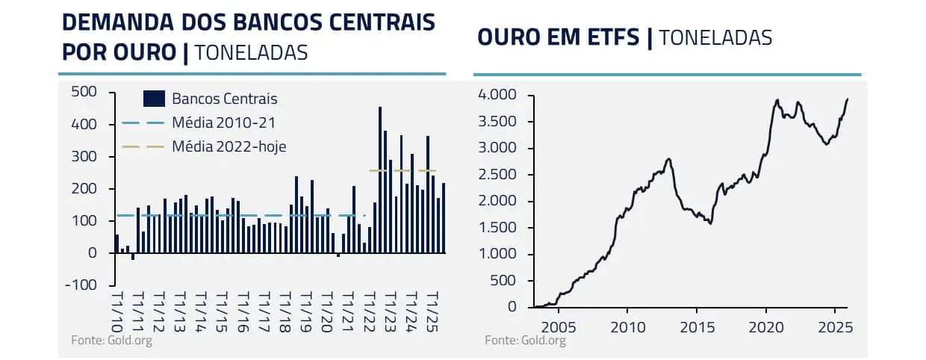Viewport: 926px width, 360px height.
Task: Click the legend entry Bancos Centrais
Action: click(x=224, y=99)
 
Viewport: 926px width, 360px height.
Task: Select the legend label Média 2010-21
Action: click(x=218, y=122)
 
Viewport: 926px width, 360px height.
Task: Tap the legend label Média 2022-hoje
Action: click(x=229, y=146)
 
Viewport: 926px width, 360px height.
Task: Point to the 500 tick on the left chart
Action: click(x=83, y=92)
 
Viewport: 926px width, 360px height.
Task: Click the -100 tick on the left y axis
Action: click(x=81, y=285)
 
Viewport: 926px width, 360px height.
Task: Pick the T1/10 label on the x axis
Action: click(x=116, y=311)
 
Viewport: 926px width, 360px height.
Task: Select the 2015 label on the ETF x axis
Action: click(x=696, y=326)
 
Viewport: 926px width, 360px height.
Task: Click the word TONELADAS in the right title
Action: click(x=715, y=37)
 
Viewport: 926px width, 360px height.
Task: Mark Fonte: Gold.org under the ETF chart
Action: click(x=525, y=341)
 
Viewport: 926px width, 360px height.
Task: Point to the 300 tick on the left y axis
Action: click(x=83, y=156)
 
